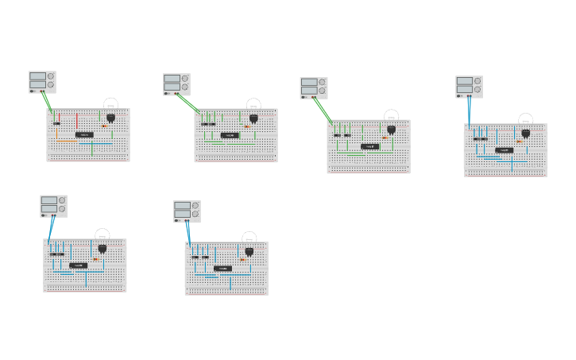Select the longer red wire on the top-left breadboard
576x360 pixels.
point(77,122)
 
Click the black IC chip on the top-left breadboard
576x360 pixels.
point(84,134)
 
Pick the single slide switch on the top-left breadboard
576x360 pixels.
point(56,123)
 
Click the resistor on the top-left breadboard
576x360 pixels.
point(104,125)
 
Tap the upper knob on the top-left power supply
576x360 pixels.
point(51,77)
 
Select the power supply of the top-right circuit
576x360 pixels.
point(469,87)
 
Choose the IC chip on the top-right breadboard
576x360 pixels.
point(504,149)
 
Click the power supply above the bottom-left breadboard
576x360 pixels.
point(53,206)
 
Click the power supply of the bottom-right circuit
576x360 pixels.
point(187,211)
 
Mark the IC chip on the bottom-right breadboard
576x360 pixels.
point(223,268)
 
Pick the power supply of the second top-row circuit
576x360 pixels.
point(176,84)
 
